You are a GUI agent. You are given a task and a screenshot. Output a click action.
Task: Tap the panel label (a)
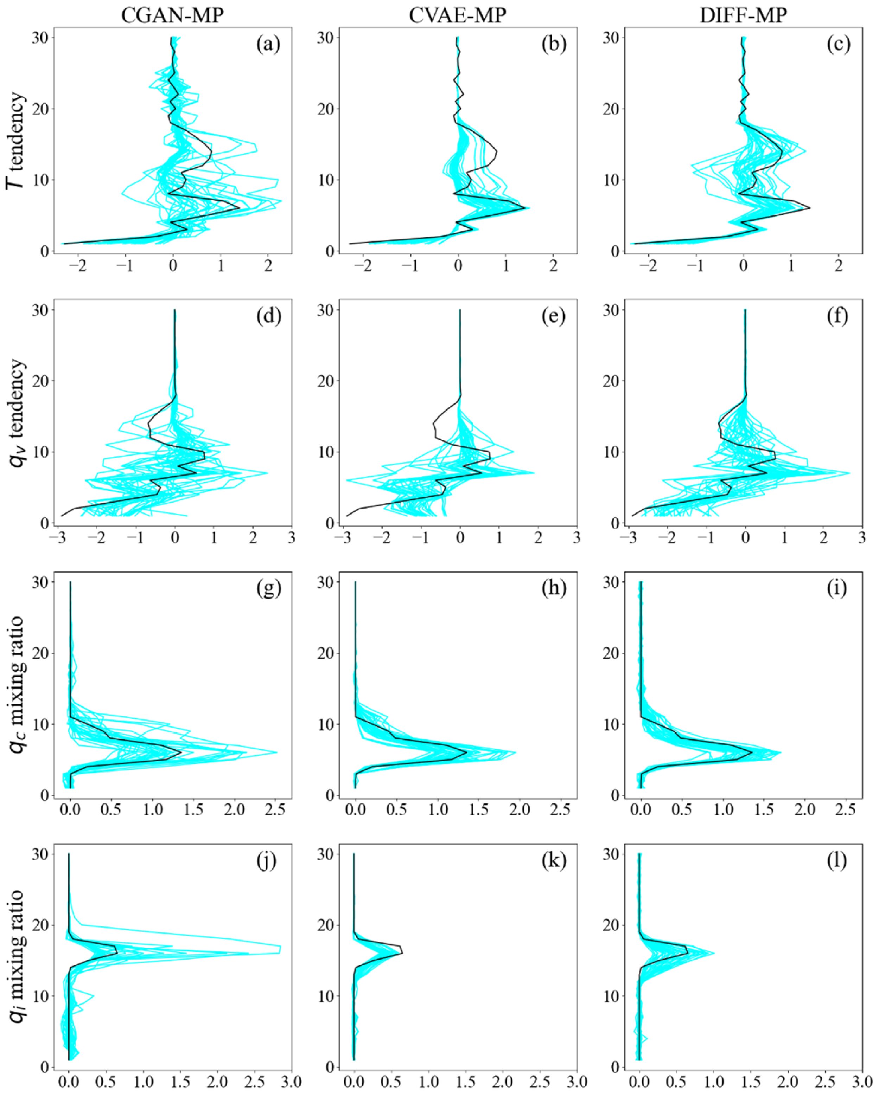point(268,45)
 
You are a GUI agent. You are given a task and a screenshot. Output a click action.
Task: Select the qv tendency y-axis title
point(17,413)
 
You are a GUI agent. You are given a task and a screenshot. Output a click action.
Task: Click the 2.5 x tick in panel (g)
point(275,810)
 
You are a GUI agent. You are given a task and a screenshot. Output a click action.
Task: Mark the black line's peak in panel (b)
point(525,208)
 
